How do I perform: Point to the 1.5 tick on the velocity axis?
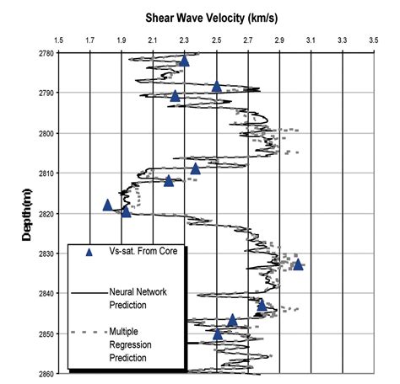point(58,40)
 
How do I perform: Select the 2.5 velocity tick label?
point(216,40)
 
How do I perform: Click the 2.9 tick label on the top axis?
point(279,40)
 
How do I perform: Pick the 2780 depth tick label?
point(43,53)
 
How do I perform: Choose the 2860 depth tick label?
point(43,374)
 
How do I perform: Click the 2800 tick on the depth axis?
point(43,133)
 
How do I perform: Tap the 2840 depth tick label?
point(43,294)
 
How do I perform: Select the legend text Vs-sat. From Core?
point(141,251)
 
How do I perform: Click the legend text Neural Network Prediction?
point(138,298)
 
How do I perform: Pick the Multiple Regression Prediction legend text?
point(135,345)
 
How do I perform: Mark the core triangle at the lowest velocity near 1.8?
point(107,205)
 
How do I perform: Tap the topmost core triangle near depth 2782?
point(185,61)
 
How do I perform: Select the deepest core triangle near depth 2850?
point(218,334)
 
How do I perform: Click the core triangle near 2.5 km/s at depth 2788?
point(217,86)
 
